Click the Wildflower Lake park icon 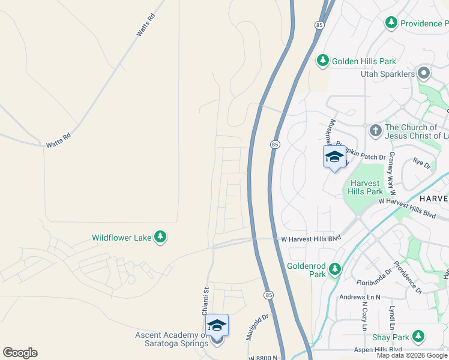(x=160, y=238)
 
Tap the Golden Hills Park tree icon (x=323, y=61)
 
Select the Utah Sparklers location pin (x=424, y=74)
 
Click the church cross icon (x=375, y=130)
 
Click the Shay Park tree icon (x=418, y=337)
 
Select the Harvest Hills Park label (x=365, y=187)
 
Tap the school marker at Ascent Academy (x=217, y=326)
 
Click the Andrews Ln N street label (x=361, y=296)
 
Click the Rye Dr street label (x=422, y=163)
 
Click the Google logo (x=20, y=353)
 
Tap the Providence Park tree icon (x=391, y=23)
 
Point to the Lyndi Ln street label (x=391, y=317)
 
